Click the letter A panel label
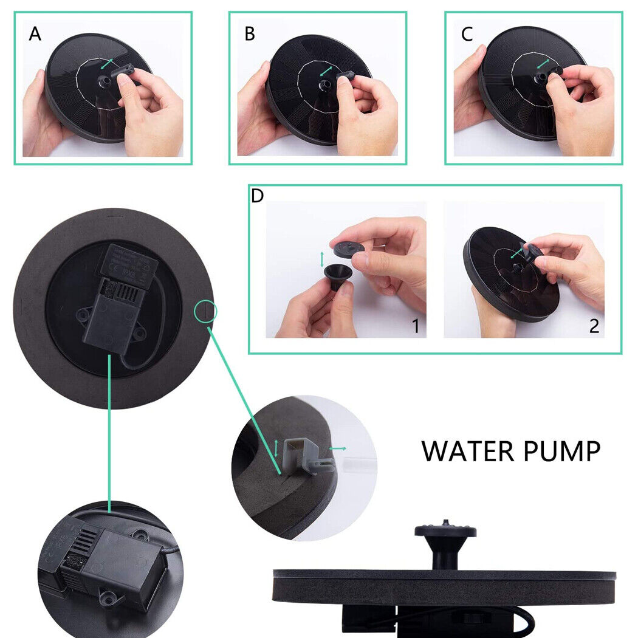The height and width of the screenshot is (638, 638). [35, 35]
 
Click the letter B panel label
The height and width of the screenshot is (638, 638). [250, 35]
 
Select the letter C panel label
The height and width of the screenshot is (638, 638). [467, 35]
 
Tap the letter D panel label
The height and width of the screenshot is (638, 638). [258, 196]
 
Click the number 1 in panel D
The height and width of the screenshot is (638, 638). [416, 326]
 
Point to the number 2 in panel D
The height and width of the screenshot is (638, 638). [594, 326]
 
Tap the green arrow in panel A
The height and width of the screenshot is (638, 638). [107, 63]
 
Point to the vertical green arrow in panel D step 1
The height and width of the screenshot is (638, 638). [322, 259]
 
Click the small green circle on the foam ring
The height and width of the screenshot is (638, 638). [206, 312]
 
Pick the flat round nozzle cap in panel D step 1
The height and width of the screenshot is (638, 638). [348, 247]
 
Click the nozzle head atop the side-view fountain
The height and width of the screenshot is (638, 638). [445, 530]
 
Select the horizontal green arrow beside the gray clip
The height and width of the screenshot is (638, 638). [337, 448]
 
